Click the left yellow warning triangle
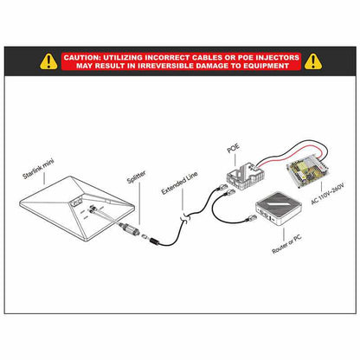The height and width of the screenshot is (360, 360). coord(48,61)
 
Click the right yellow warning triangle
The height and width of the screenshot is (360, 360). coord(313,61)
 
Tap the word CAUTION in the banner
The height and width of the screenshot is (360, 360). coord(81,58)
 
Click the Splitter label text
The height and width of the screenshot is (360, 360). coord(137,177)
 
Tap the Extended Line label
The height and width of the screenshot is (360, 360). coord(179,183)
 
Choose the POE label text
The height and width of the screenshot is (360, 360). coord(234,148)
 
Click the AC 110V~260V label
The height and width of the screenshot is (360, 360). coord(328,194)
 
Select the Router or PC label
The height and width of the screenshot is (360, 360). coord(287,244)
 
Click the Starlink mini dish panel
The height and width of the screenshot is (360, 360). coord(77,208)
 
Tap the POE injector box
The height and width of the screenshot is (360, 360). coord(246,176)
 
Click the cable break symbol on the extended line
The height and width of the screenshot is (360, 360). coord(185,218)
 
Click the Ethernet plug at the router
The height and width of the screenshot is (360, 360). coord(251,218)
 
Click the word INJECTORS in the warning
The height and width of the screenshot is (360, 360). coord(278,58)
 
